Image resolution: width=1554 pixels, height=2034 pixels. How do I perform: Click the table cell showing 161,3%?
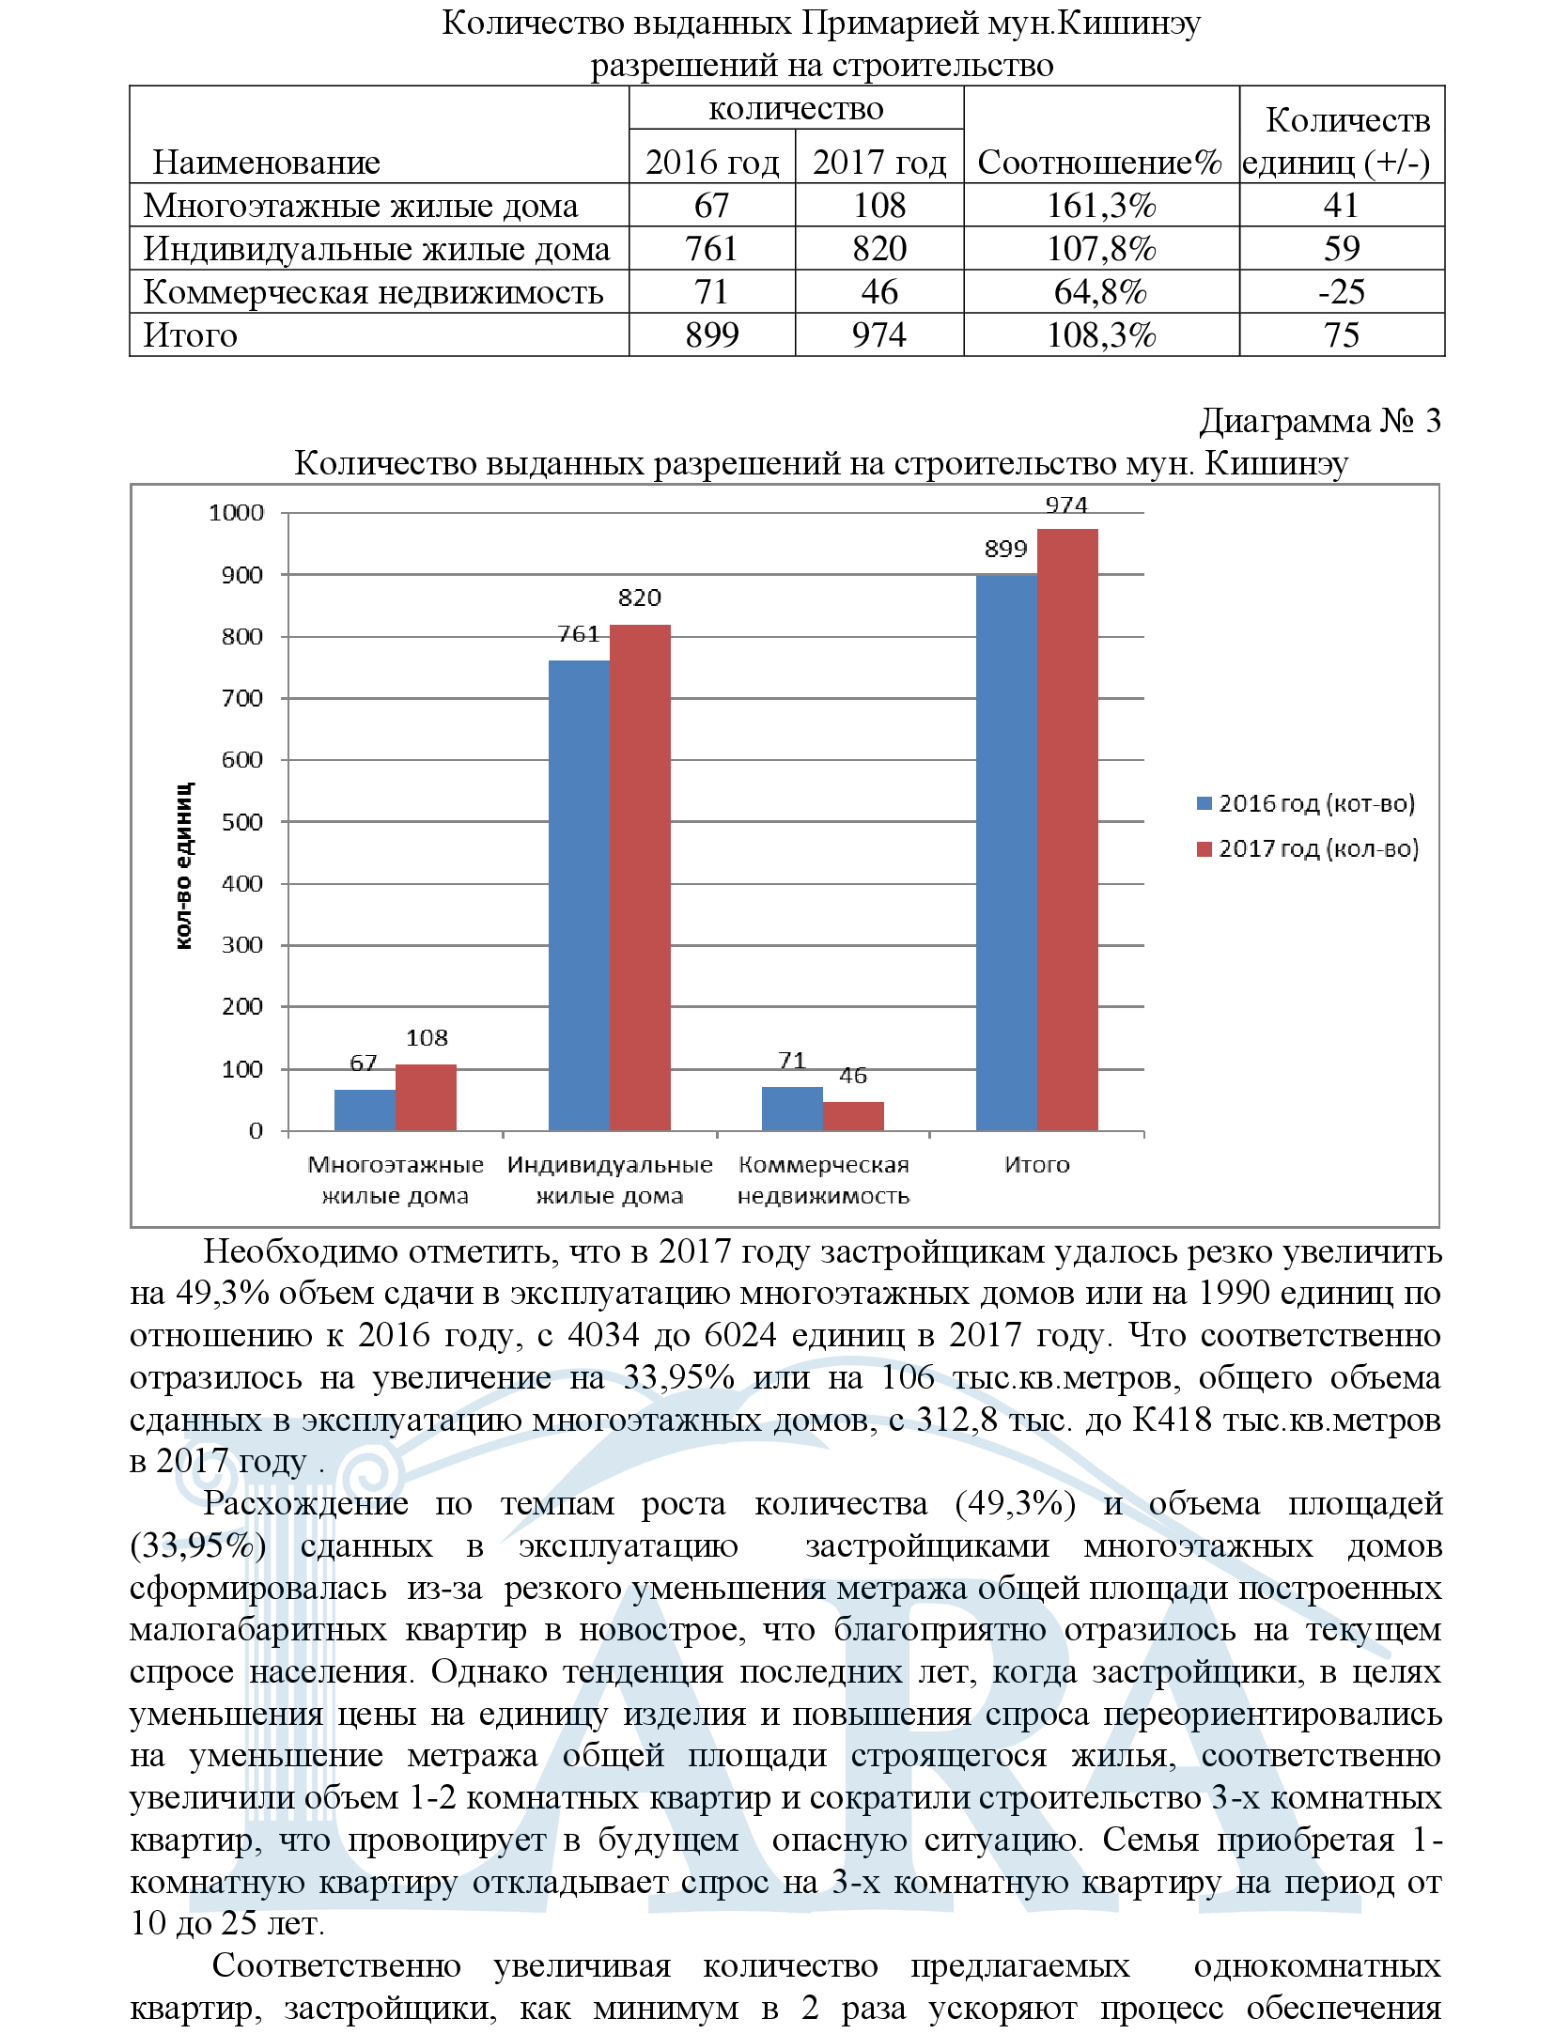1101,205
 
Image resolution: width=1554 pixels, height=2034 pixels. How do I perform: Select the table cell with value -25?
1341,291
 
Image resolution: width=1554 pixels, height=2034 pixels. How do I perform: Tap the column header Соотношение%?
1100,162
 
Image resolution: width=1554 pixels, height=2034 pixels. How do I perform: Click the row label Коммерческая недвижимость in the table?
373,291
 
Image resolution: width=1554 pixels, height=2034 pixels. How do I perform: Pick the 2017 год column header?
879,162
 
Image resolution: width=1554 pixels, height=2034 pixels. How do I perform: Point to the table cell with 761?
711,248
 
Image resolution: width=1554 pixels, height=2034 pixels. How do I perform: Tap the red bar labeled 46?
853,1115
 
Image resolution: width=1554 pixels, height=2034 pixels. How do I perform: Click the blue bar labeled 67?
365,1110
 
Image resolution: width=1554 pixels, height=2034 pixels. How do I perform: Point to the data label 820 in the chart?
639,598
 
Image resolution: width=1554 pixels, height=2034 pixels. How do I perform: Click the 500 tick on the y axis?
242,822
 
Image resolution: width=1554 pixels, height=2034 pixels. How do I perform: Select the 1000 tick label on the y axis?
236,513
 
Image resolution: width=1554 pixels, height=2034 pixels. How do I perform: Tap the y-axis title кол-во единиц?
184,864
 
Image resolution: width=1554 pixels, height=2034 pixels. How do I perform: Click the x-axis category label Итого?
1036,1164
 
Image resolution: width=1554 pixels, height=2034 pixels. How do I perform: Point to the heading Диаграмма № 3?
1319,421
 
